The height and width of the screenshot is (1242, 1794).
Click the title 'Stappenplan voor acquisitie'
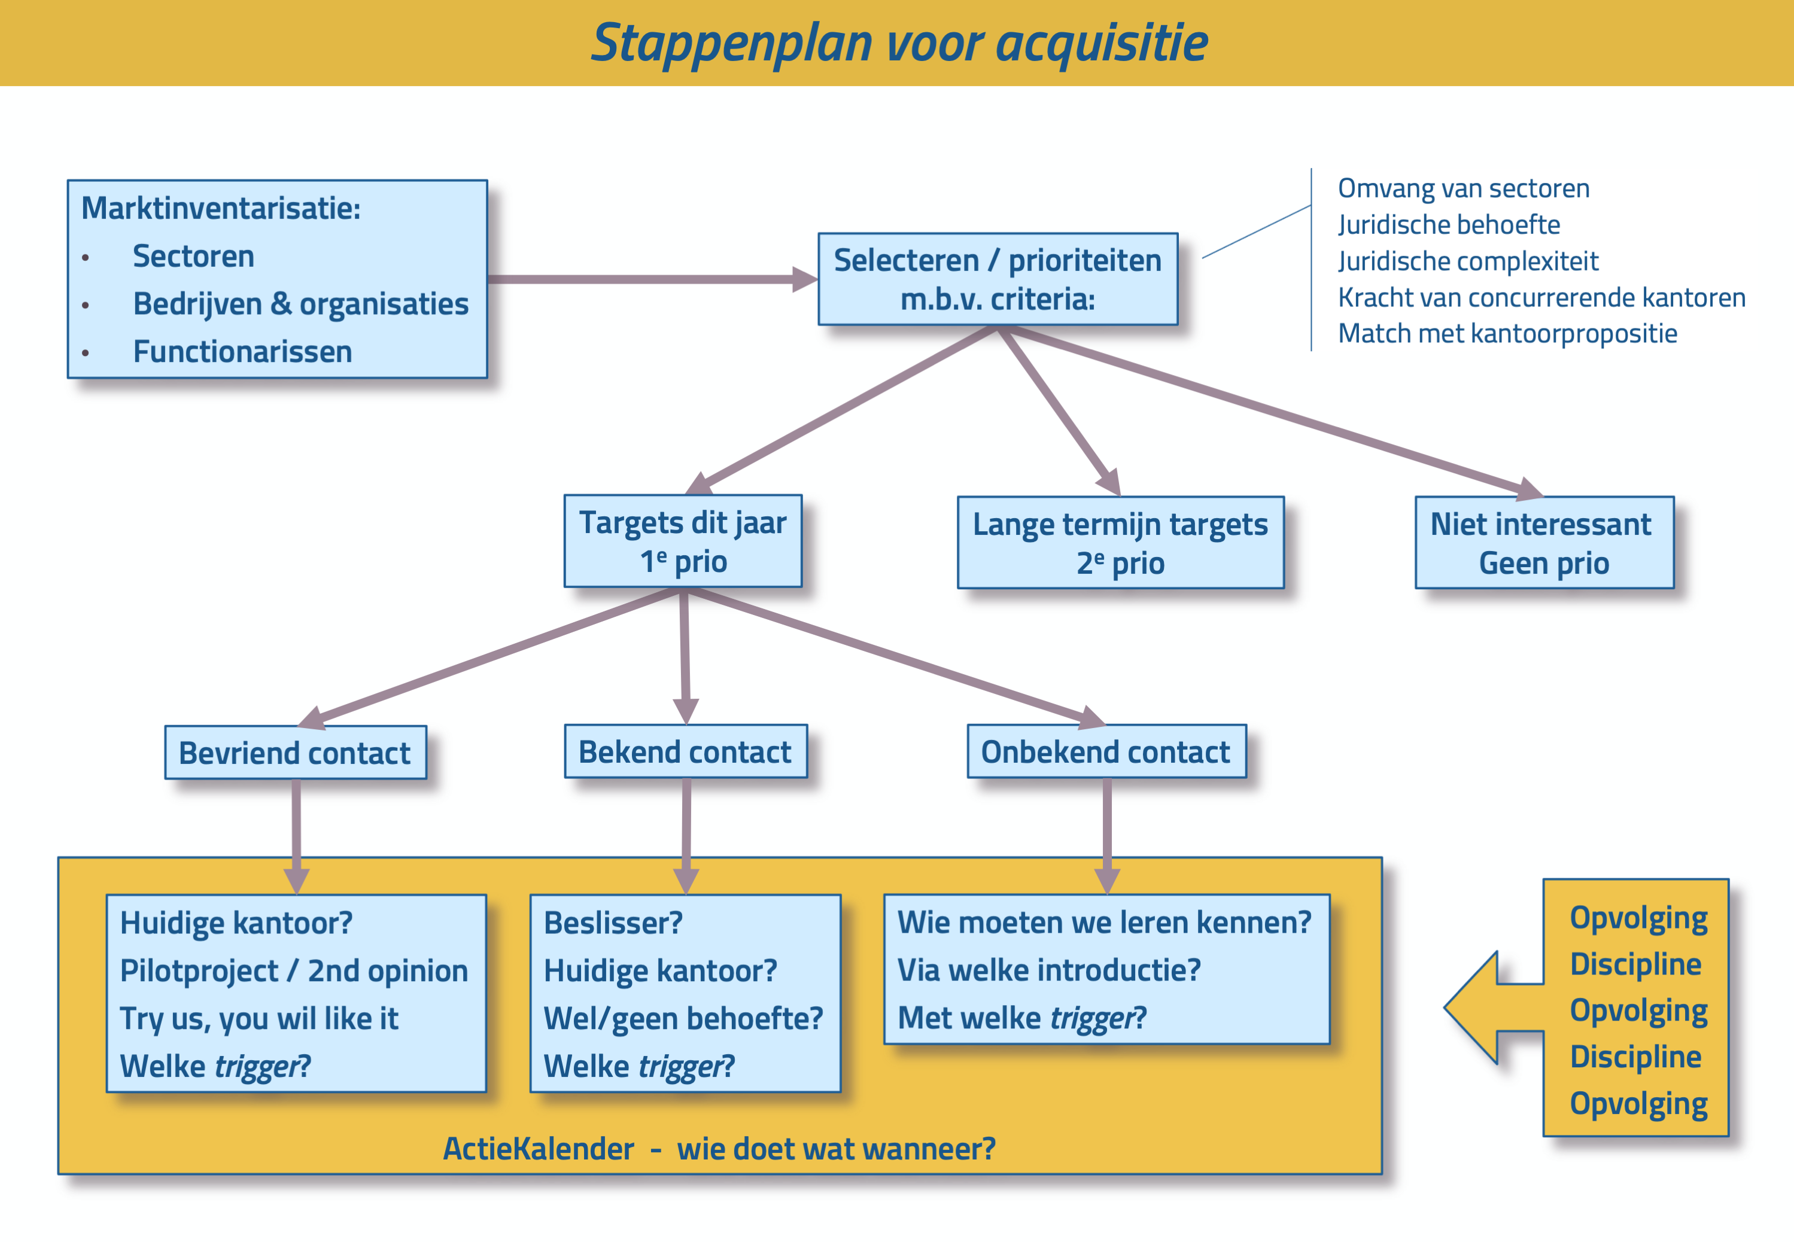coord(899,43)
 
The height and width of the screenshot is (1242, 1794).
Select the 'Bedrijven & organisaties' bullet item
coord(300,303)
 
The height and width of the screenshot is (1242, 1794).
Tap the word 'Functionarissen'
coord(242,352)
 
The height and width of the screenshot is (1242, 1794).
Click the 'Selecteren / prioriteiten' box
coord(998,279)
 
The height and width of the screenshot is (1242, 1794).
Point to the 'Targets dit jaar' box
coord(683,541)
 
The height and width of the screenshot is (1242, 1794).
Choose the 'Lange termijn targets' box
coord(1120,543)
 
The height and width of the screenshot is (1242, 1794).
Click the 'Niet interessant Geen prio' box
coord(1544,543)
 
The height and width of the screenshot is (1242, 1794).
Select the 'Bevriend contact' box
coord(296,753)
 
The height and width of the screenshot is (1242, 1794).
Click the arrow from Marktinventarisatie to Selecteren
coord(652,279)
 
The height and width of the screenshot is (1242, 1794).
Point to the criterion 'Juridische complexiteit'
coord(1468,261)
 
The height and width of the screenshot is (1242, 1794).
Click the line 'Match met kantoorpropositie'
coord(1507,333)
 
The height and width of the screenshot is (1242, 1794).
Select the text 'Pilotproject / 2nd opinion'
coord(293,970)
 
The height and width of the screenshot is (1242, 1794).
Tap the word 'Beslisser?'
coord(613,923)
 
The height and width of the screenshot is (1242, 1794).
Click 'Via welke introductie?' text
coord(1049,970)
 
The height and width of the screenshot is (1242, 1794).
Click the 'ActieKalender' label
coord(539,1149)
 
